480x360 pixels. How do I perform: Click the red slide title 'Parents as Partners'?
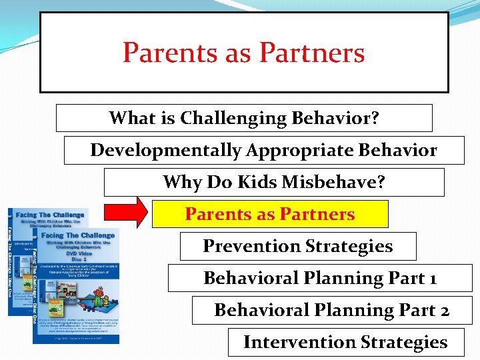pyautogui.click(x=243, y=53)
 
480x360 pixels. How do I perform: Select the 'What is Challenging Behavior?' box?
pyautogui.click(x=244, y=118)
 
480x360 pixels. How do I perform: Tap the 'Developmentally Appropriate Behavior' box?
pyautogui.click(x=263, y=150)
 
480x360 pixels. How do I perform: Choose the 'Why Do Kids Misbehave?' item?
pyautogui.click(x=273, y=182)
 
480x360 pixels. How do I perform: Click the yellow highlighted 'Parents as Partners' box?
pyautogui.click(x=270, y=214)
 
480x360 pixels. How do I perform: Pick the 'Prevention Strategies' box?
pyautogui.click(x=297, y=246)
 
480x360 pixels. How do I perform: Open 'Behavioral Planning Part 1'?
pyautogui.click(x=319, y=278)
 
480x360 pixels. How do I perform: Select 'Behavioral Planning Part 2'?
pyautogui.click(x=331, y=310)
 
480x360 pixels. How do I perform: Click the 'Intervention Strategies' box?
pyautogui.click(x=345, y=342)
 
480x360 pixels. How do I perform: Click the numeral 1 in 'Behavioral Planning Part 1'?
pyautogui.click(x=433, y=279)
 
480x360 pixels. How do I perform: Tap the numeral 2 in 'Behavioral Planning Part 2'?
pyautogui.click(x=444, y=311)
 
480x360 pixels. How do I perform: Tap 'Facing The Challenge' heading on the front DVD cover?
pyautogui.click(x=79, y=235)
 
